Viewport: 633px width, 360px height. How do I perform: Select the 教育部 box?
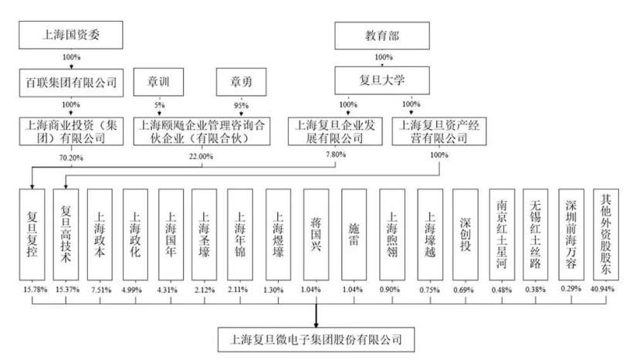(378, 35)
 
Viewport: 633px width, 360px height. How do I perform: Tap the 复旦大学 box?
(378, 79)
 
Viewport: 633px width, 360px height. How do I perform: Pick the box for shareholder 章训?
(159, 79)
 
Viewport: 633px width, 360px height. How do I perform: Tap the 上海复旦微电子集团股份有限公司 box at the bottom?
(317, 338)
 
